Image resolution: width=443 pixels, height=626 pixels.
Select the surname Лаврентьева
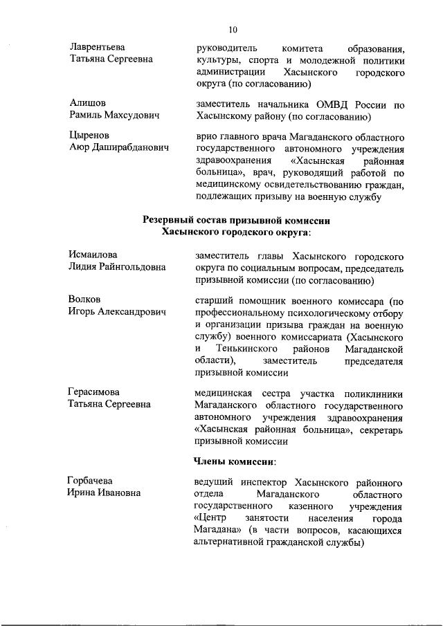point(98,47)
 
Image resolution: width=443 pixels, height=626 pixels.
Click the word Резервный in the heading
point(171,221)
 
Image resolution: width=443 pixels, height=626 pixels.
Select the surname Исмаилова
point(93,255)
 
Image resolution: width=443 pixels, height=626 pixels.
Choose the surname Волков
point(84,300)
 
